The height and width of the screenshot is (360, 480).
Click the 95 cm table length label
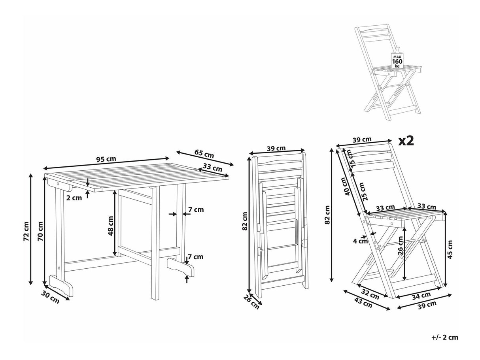(106, 159)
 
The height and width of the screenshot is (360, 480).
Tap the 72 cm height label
(26, 230)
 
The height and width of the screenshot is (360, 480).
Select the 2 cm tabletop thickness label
(74, 198)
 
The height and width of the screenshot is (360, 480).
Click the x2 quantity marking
(405, 141)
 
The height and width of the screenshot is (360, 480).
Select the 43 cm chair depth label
(363, 304)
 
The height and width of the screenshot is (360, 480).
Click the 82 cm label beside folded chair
(245, 221)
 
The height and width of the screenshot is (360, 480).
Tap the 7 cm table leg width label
(196, 209)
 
